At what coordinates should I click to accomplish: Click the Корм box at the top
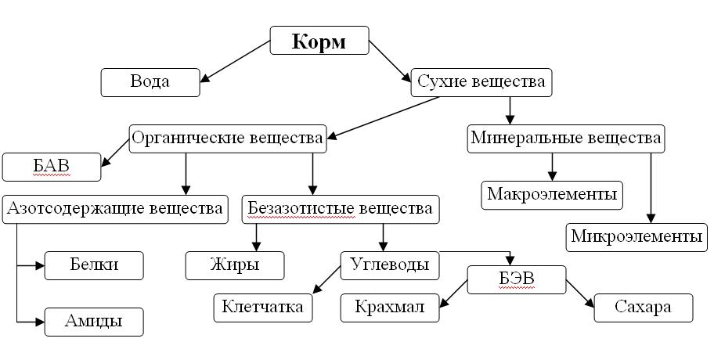[x=319, y=41]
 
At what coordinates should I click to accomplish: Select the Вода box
[x=150, y=81]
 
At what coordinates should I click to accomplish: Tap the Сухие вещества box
[x=481, y=81]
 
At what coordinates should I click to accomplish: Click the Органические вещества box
[x=227, y=139]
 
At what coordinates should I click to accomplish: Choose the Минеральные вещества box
[x=566, y=139]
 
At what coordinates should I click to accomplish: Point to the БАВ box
[x=52, y=167]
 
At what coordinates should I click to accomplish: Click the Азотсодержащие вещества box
[x=114, y=209]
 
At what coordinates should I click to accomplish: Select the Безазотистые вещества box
[x=340, y=209]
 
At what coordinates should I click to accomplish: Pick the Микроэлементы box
[x=636, y=236]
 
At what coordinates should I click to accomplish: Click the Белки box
[x=94, y=265]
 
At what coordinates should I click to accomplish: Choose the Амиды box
[x=94, y=322]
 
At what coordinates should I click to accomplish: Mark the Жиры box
[x=235, y=265]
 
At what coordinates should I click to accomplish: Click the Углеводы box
[x=389, y=265]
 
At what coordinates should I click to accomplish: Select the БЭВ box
[x=516, y=279]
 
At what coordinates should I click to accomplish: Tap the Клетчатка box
[x=263, y=307]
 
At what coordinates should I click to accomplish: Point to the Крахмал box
[x=389, y=307]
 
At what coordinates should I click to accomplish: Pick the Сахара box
[x=644, y=307]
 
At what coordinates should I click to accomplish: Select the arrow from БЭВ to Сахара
[x=580, y=291]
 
